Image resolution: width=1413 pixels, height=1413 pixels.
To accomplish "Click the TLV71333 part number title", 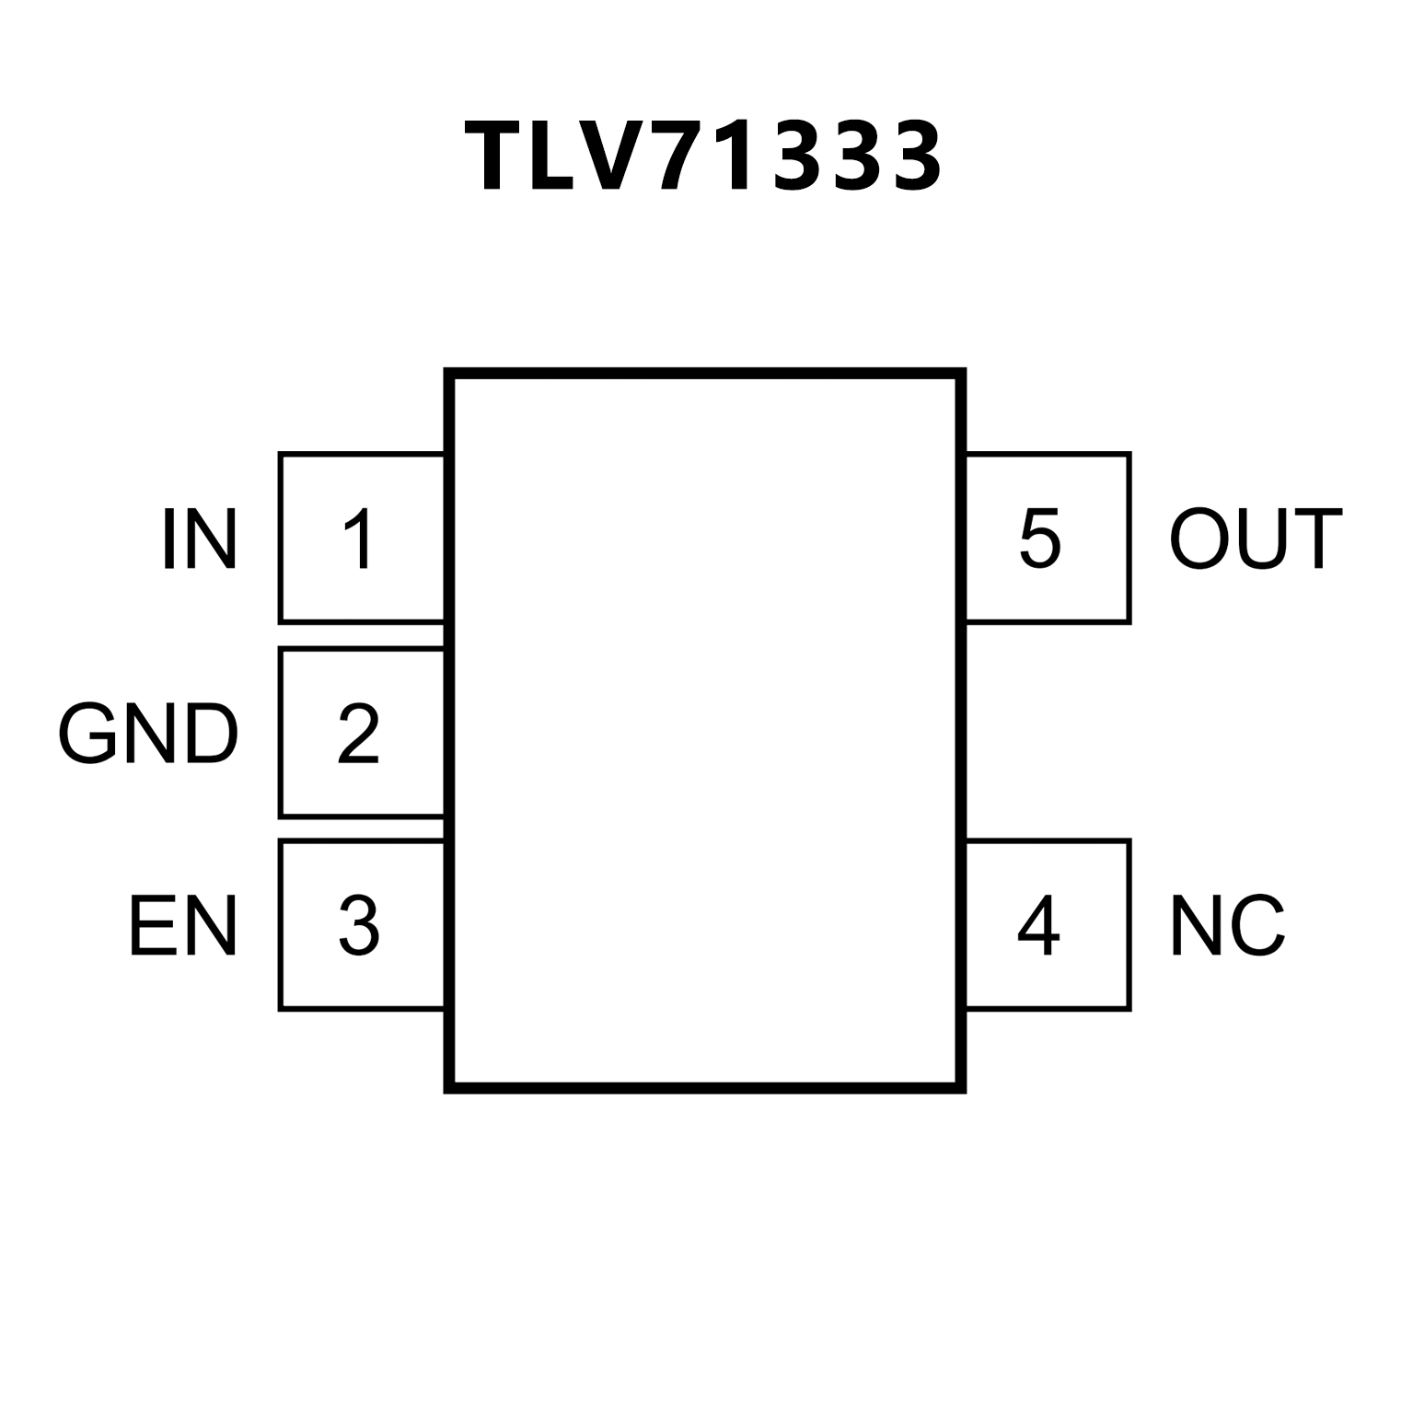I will [704, 157].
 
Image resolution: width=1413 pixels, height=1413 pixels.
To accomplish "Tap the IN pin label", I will [200, 539].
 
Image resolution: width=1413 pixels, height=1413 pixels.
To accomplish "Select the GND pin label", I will [148, 734].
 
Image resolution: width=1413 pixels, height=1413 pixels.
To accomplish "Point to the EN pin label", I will [182, 926].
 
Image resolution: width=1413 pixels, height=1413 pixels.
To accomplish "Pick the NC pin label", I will [1227, 926].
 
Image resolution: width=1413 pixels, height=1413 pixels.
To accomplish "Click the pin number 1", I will [359, 539].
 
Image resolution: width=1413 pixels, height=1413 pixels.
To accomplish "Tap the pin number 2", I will [358, 734].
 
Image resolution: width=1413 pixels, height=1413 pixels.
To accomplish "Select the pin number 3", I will [358, 926].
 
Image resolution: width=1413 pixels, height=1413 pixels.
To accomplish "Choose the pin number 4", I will [1038, 926].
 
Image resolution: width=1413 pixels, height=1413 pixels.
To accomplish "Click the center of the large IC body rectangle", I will [705, 732].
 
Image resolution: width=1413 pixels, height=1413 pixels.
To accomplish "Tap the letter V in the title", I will [616, 157].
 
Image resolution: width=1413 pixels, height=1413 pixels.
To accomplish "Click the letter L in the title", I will [555, 157].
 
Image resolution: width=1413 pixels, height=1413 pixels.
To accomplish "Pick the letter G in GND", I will [89, 734].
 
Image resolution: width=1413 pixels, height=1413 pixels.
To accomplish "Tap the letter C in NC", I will [1257, 926].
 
